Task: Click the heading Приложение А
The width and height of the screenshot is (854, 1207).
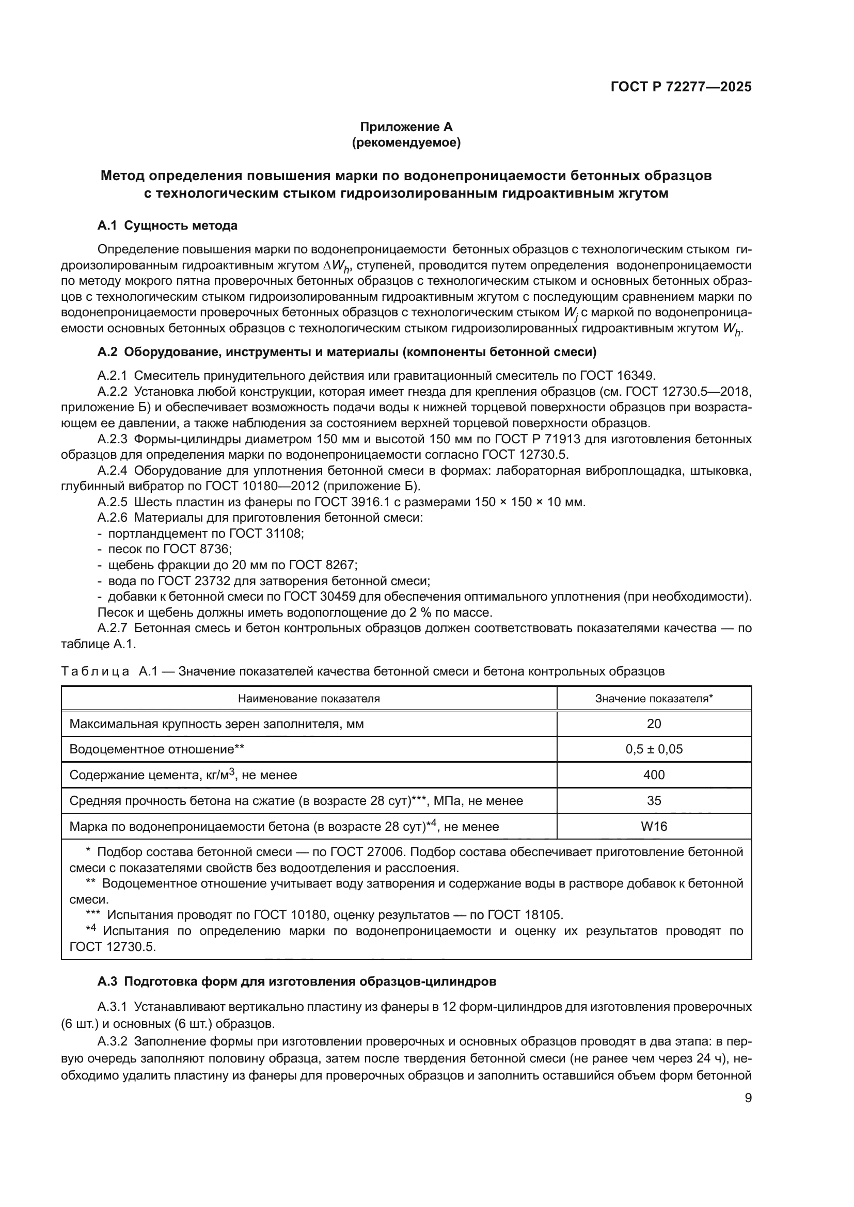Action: (x=406, y=127)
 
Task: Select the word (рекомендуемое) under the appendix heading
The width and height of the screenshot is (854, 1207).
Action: (x=406, y=143)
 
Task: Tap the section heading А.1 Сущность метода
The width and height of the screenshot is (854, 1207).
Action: (x=167, y=226)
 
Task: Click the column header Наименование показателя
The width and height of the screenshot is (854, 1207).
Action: (x=309, y=698)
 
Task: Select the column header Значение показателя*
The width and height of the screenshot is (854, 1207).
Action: (x=654, y=698)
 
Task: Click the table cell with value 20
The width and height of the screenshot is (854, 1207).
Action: (x=654, y=724)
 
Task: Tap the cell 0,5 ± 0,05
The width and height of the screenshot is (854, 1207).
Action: (x=654, y=749)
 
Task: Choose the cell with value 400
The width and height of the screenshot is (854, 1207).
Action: (x=654, y=775)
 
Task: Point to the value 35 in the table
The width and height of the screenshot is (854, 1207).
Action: (x=654, y=801)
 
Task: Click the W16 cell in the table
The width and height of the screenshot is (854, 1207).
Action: (x=654, y=826)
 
